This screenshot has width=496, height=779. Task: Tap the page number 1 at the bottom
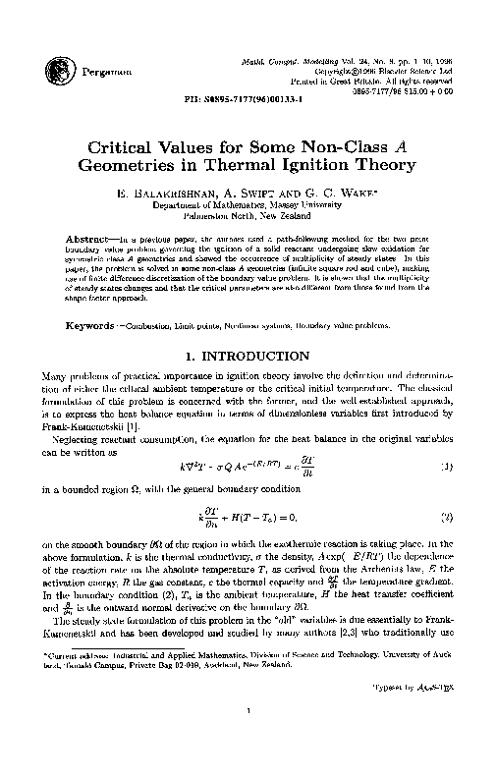coord(248,739)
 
